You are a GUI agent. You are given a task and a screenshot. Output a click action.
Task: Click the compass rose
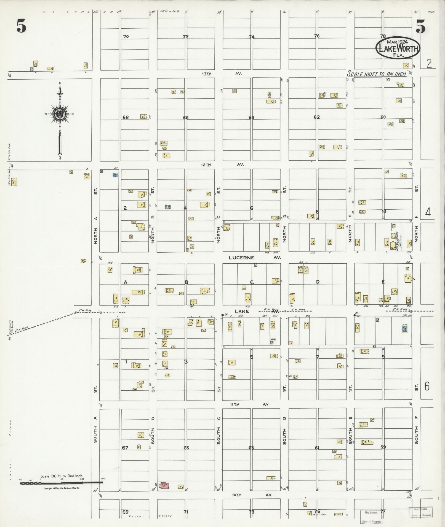pos(60,114)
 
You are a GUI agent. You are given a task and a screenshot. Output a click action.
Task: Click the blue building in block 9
pos(405,328)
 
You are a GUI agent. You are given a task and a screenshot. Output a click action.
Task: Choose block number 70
pos(126,36)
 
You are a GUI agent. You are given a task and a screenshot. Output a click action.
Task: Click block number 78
pos(383,36)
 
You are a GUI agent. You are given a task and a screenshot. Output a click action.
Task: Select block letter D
pos(318,282)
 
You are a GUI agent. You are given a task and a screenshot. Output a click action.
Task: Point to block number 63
pos(251,448)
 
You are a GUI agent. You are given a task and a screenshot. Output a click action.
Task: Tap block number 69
pos(126,512)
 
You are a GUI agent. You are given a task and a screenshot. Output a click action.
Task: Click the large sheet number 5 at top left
pos(21,27)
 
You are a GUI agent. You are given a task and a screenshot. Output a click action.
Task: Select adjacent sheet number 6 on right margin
pos(427,387)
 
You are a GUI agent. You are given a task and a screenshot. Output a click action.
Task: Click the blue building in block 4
pos(167,207)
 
